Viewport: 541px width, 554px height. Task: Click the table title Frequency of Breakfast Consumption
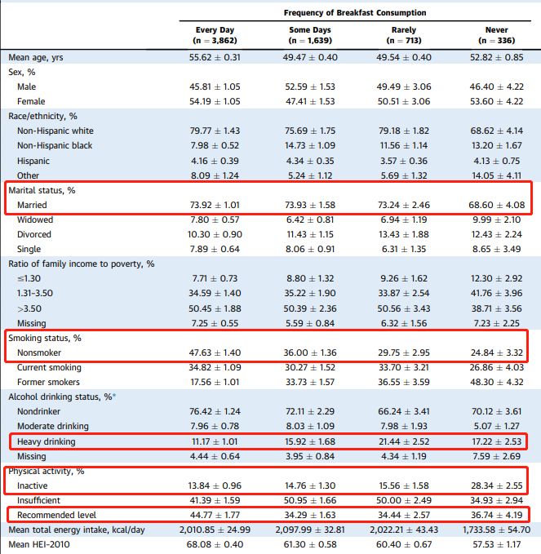tap(355, 13)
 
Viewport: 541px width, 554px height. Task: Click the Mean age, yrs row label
tap(36, 57)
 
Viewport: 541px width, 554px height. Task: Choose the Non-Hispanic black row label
tap(55, 145)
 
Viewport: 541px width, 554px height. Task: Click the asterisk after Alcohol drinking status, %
tap(115, 396)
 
